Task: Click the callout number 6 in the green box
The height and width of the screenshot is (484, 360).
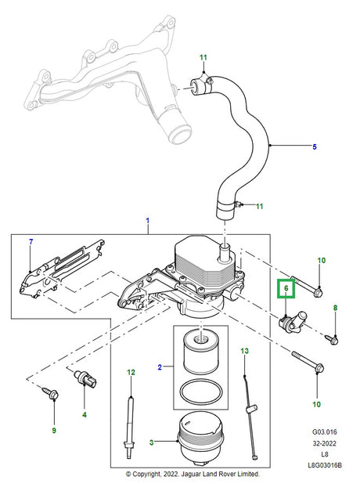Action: [x=286, y=289]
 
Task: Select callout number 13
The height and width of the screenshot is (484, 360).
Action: [x=244, y=351]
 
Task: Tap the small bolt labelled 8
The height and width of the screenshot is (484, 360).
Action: [x=333, y=339]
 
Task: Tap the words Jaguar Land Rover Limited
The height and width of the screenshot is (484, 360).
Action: [x=223, y=475]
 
